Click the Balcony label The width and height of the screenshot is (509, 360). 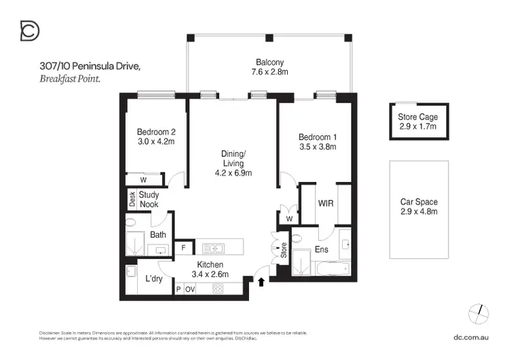pos(269,61)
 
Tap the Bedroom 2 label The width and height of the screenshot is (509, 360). pos(156,132)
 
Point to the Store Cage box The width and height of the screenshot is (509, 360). pos(417,122)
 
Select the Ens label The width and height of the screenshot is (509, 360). pos(322,250)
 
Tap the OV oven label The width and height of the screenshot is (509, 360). pos(190,289)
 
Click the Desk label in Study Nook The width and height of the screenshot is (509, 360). pos(132,199)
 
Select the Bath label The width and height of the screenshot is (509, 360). pos(158,235)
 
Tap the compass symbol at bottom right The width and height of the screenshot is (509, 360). pos(479,312)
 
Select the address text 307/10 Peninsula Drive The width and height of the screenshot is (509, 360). pos(90,66)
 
